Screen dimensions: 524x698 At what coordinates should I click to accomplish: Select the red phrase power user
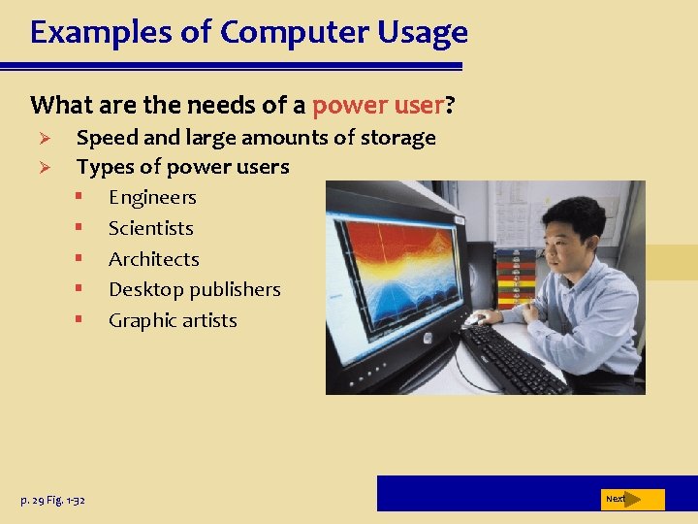[x=377, y=104]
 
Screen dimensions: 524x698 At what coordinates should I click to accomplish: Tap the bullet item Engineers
[x=152, y=198]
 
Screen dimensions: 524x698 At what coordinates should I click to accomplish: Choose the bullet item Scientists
[x=150, y=229]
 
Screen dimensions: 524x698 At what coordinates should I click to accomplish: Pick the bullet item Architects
[x=153, y=259]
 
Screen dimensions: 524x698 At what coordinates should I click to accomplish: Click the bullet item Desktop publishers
[x=194, y=290]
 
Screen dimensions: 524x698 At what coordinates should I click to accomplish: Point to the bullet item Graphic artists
[x=173, y=320]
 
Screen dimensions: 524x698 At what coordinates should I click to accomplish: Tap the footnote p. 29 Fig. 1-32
[x=52, y=500]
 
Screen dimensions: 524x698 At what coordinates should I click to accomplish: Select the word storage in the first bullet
[x=397, y=138]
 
